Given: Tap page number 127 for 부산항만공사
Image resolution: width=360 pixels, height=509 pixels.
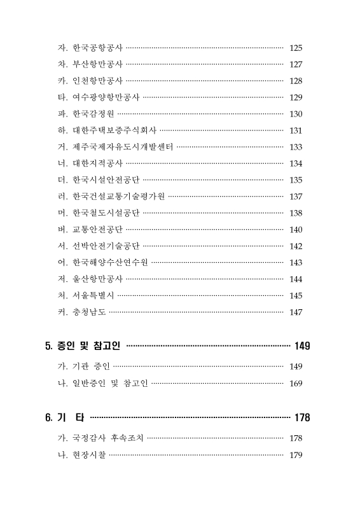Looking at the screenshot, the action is [296, 64].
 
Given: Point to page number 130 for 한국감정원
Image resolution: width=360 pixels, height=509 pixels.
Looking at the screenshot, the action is [296, 114].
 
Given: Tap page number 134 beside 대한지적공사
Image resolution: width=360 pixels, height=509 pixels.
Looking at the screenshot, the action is [296, 164].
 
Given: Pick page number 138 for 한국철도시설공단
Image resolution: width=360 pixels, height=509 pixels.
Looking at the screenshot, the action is [296, 213].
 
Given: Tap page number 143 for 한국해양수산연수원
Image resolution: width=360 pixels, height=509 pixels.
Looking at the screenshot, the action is [296, 263].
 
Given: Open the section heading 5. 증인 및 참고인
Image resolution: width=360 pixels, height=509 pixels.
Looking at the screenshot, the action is [83, 346].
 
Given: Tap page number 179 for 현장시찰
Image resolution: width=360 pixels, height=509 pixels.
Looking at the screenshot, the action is [296, 455].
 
